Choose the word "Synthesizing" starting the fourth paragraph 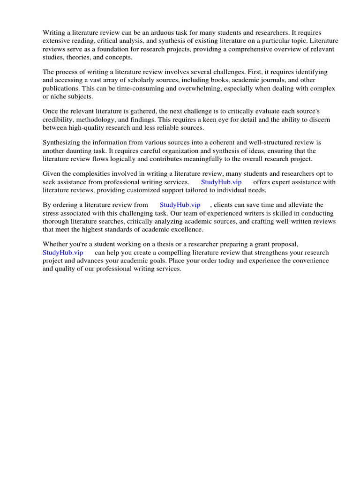click(x=62, y=142)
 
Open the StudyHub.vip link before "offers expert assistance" click(x=221, y=182)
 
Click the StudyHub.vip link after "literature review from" click(x=180, y=205)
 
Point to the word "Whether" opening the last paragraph click(x=55, y=244)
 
